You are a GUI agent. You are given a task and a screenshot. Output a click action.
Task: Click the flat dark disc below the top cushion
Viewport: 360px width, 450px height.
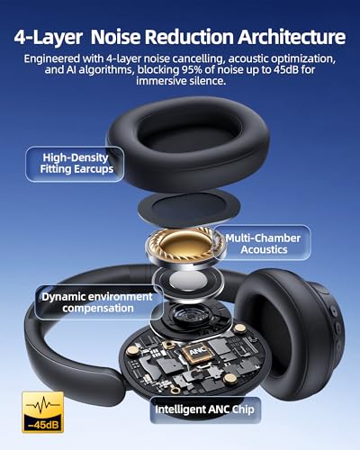[184, 200]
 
